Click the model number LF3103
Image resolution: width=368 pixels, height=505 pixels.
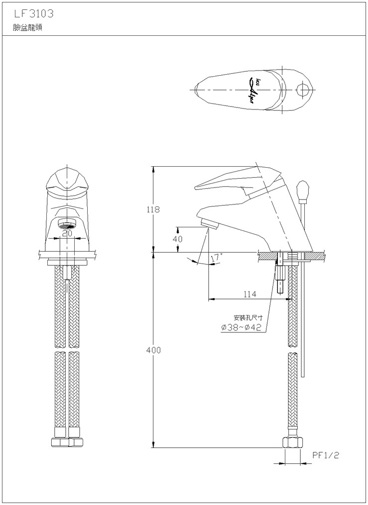tap(33, 14)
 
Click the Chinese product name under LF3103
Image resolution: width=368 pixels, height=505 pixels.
tap(28, 28)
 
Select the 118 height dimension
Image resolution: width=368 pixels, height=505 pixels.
tap(153, 209)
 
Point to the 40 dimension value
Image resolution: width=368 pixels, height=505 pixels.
tap(178, 239)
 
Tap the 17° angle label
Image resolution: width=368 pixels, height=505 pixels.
tap(216, 258)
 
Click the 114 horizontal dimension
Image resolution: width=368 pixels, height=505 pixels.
tap(250, 294)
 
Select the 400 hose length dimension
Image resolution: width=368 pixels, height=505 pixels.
tap(153, 350)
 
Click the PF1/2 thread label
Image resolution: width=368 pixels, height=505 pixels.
tap(326, 455)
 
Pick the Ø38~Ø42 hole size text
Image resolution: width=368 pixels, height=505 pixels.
tap(241, 328)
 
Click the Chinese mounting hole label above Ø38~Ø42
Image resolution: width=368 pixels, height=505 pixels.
tap(248, 318)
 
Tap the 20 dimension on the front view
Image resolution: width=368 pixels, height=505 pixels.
tap(67, 233)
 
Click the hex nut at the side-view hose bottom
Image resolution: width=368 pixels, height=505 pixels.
tap(293, 442)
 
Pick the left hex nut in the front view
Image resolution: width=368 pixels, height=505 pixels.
tap(60, 442)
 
